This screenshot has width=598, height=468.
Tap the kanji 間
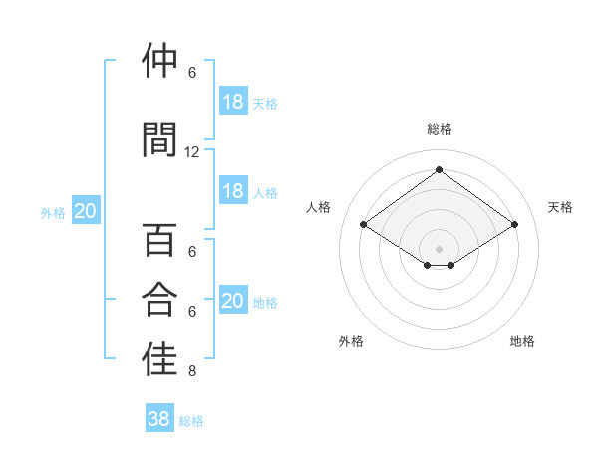tap(160, 139)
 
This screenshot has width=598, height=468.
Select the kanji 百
tap(160, 242)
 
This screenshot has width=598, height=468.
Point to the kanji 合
tap(160, 300)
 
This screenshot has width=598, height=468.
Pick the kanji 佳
tap(160, 359)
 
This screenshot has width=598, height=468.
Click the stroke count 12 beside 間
tap(192, 152)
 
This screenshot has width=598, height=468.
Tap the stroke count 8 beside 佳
tap(192, 372)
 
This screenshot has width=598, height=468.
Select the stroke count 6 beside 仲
tap(192, 73)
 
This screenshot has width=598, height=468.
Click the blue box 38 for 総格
tap(159, 420)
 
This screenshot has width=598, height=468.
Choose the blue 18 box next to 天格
tap(233, 102)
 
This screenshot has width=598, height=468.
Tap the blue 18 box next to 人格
tap(233, 191)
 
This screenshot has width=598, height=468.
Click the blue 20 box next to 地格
tap(233, 301)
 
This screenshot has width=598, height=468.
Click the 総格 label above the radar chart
tap(440, 129)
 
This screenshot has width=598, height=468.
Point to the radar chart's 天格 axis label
tap(560, 207)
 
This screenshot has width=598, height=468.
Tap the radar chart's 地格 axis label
tap(522, 342)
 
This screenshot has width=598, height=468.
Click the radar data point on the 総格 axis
tap(439, 169)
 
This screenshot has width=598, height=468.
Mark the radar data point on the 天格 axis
tap(514, 224)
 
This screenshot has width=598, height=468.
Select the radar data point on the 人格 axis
tap(363, 224)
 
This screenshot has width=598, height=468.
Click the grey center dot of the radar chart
tap(439, 248)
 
